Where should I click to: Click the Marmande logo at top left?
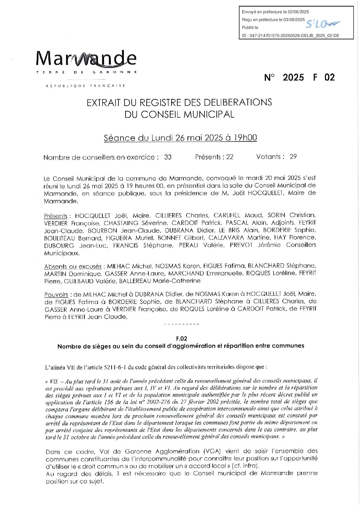click(x=86, y=59)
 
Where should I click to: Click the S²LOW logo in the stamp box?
click(x=323, y=24)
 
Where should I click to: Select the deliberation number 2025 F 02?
click(x=299, y=78)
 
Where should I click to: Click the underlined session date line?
click(x=180, y=138)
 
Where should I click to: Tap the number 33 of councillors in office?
click(x=168, y=157)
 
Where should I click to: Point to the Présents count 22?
click(x=230, y=157)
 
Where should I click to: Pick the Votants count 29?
click(x=293, y=157)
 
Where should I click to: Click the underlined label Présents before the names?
click(x=56, y=216)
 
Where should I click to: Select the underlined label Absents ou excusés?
click(x=73, y=267)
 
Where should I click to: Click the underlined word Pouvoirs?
click(x=56, y=294)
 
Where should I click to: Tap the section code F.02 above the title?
click(x=181, y=339)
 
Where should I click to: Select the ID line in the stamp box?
click(x=290, y=36)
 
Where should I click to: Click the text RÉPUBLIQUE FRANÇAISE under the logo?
click(x=86, y=86)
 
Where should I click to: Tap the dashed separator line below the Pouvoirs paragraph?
click(x=181, y=324)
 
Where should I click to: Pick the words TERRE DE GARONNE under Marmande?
click(x=86, y=72)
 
